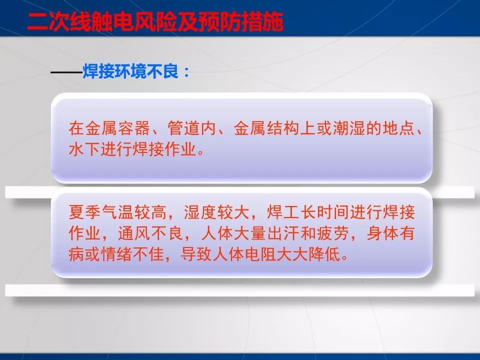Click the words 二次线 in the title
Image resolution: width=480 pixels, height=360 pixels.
[58, 23]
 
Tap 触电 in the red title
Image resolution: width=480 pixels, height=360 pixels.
[107, 23]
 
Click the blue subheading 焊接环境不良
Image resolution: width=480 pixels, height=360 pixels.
[132, 72]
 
